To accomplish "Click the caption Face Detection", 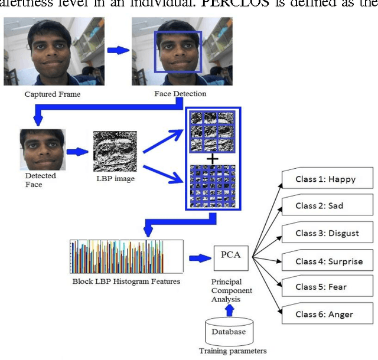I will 180,94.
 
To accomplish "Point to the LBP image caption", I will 115,179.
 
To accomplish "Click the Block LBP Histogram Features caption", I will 125,282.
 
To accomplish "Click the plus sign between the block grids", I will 212,158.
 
